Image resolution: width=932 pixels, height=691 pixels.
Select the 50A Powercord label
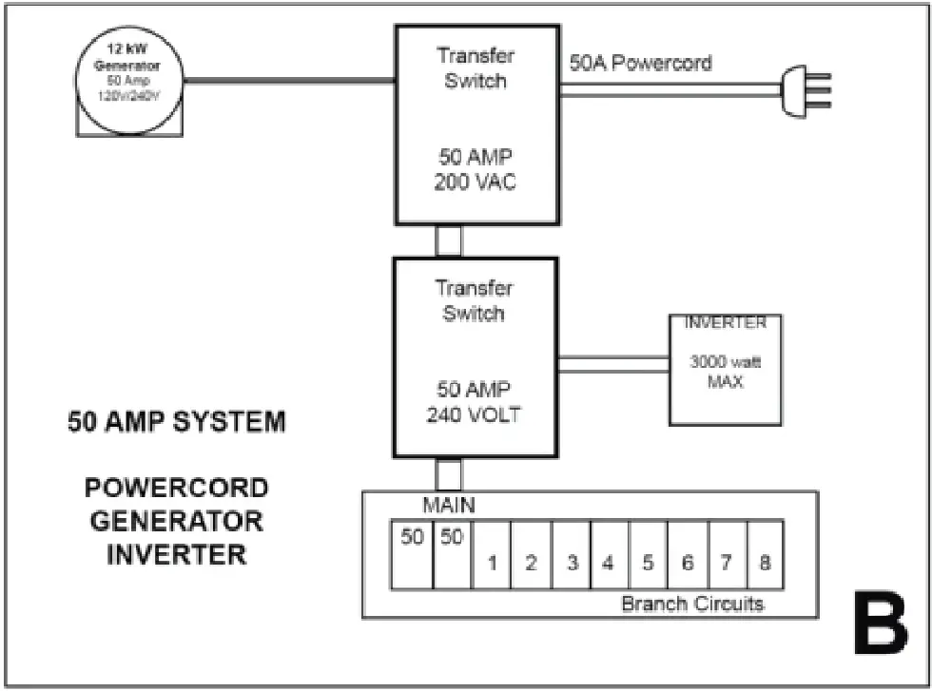pyautogui.click(x=640, y=64)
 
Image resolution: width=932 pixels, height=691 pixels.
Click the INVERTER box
pyautogui.click(x=727, y=369)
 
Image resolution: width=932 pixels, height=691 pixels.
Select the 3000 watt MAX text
pyautogui.click(x=727, y=373)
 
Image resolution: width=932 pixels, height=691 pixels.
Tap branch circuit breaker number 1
pyautogui.click(x=492, y=561)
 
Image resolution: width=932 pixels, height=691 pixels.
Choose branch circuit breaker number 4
pyautogui.click(x=609, y=561)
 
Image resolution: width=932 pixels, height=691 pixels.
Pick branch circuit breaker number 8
pyautogui.click(x=765, y=561)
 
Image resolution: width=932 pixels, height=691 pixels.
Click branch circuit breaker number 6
pyautogui.click(x=687, y=561)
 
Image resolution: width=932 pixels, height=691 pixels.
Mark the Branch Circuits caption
pyautogui.click(x=691, y=604)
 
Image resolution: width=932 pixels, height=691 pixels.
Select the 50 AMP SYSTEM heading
pyautogui.click(x=176, y=422)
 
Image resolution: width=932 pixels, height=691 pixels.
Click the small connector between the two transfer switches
pyautogui.click(x=448, y=240)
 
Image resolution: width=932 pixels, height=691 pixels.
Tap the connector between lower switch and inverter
pyautogui.click(x=612, y=364)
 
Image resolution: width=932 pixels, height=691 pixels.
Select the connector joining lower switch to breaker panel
pyautogui.click(x=448, y=474)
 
